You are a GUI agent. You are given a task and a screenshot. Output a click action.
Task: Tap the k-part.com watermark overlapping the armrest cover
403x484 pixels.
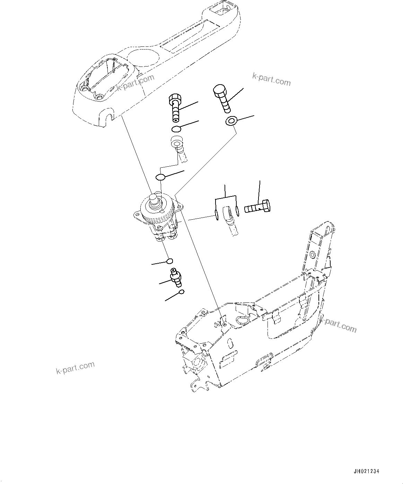coord(135,83)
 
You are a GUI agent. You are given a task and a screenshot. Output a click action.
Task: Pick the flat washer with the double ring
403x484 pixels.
coord(230,121)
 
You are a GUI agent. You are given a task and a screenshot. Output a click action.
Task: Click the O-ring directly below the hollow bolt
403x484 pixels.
coord(176,129)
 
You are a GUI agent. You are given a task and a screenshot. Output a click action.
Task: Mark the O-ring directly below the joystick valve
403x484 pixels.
coord(170,261)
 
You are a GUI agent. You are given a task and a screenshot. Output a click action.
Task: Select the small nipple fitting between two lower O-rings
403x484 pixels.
coord(175,278)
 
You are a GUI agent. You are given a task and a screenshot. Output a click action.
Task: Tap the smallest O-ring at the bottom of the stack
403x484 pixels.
coord(181,293)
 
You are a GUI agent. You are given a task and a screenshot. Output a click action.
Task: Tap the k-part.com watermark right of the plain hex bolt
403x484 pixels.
coord(271,79)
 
